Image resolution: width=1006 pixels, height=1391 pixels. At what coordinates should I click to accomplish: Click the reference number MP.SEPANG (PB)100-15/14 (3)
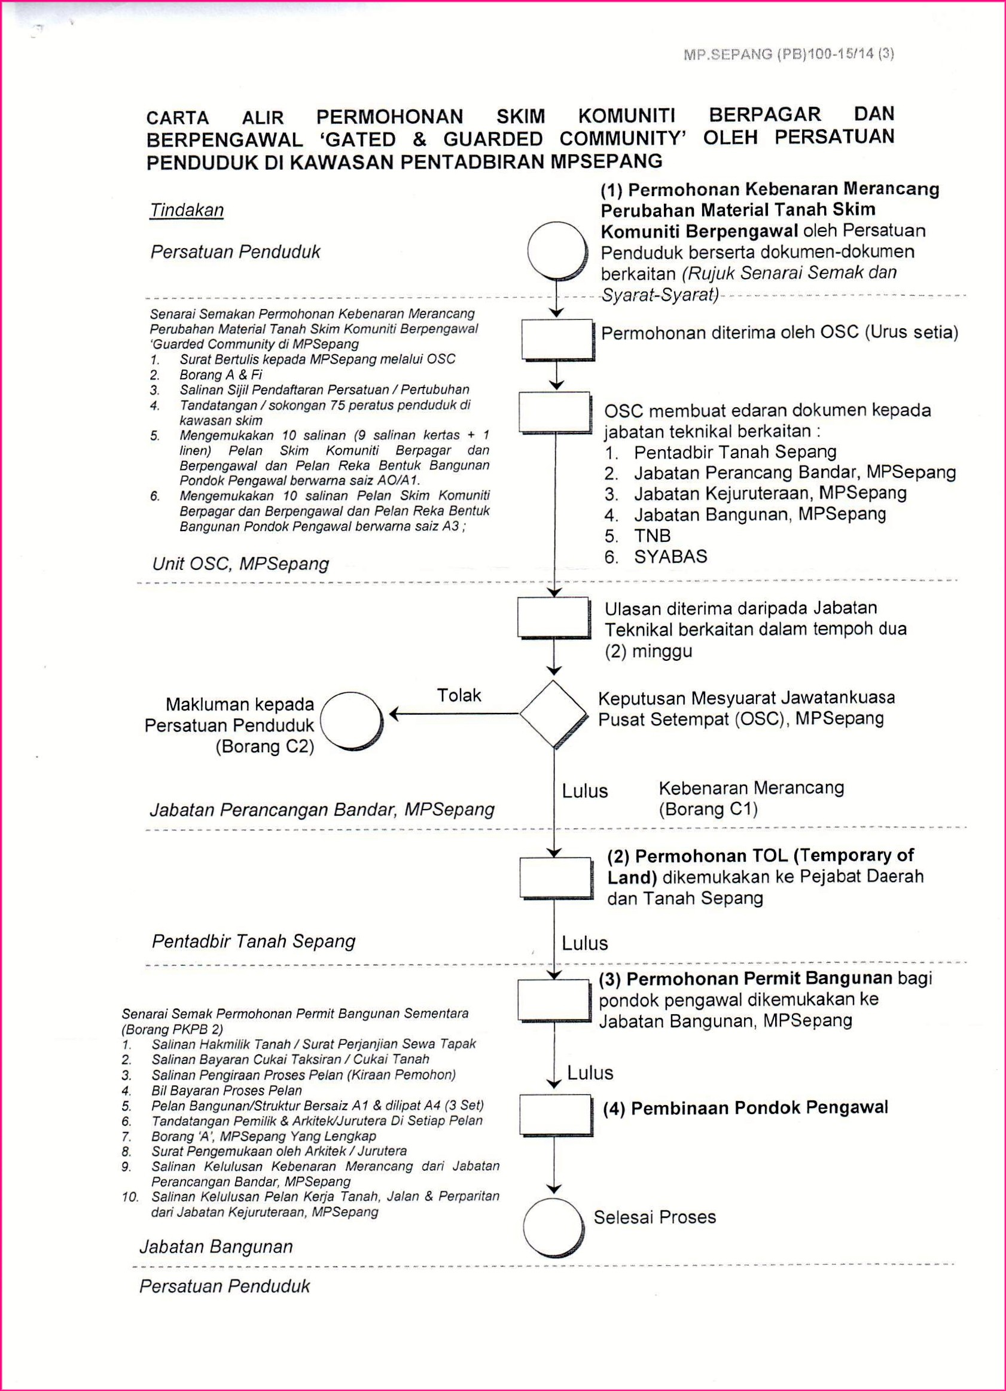click(788, 54)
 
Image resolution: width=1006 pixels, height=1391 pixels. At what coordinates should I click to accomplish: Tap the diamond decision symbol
click(553, 713)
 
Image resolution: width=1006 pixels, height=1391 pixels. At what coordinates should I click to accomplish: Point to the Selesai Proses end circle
click(553, 1227)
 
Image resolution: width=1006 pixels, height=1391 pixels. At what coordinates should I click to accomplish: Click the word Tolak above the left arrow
click(459, 695)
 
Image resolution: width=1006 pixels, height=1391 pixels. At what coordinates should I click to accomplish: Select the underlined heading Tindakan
click(187, 211)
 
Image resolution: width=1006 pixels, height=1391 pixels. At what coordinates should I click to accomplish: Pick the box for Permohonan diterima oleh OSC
click(556, 338)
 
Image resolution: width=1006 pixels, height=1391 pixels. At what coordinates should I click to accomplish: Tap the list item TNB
click(652, 535)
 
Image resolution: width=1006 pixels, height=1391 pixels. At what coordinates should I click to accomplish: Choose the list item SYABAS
click(670, 556)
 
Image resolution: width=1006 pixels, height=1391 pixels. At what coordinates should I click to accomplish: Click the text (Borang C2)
click(264, 746)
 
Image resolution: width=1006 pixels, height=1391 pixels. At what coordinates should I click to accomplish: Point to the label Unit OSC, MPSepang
click(240, 564)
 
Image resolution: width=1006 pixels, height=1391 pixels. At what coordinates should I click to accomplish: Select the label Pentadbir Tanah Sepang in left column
click(254, 941)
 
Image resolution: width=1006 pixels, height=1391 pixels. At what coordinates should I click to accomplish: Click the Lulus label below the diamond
click(584, 791)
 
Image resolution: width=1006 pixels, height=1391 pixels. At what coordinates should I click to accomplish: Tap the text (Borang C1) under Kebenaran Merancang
click(708, 809)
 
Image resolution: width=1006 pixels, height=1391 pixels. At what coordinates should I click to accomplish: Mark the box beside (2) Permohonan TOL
click(555, 877)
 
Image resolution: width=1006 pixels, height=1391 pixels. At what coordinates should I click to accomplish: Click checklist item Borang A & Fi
click(220, 375)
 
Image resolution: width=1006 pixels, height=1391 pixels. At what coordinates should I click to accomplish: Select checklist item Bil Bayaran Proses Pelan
click(226, 1090)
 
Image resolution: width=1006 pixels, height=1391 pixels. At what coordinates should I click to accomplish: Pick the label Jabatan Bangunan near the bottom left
click(216, 1246)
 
